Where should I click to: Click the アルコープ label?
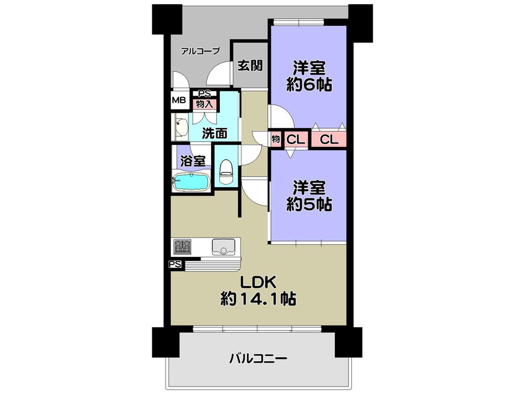(x=200, y=51)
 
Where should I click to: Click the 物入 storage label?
(x=204, y=103)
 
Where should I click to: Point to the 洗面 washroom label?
(x=215, y=133)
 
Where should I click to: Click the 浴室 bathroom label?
(x=193, y=161)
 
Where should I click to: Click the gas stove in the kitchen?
(x=183, y=246)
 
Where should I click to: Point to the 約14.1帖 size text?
(x=258, y=300)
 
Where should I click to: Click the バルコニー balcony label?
(x=258, y=359)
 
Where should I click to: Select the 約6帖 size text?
(x=309, y=85)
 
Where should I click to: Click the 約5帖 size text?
(x=309, y=204)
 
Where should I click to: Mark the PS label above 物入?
(x=204, y=95)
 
